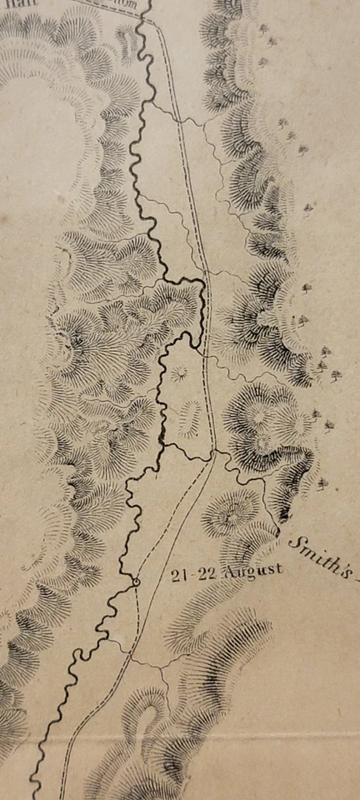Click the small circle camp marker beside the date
click(x=135, y=581)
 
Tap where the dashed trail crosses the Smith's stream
click(x=214, y=454)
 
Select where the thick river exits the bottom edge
click(x=34, y=796)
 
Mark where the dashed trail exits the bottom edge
click(x=61, y=796)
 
